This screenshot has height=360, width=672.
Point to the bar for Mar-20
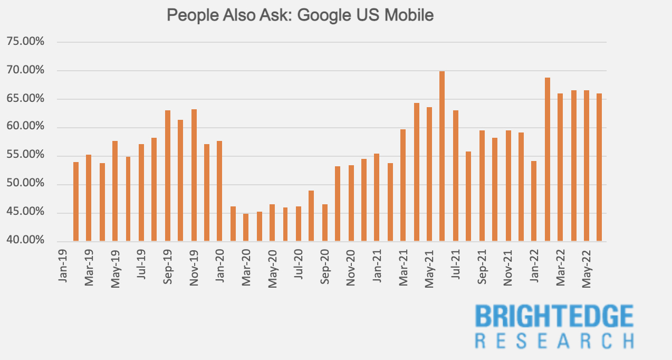click(x=246, y=228)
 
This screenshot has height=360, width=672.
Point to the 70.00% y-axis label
click(x=26, y=70)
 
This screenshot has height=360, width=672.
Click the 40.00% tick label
click(x=26, y=241)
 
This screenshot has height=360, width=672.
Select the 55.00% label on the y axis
click(x=26, y=155)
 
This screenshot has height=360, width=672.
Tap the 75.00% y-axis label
click(x=26, y=42)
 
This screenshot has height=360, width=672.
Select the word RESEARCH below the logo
click(x=554, y=340)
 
